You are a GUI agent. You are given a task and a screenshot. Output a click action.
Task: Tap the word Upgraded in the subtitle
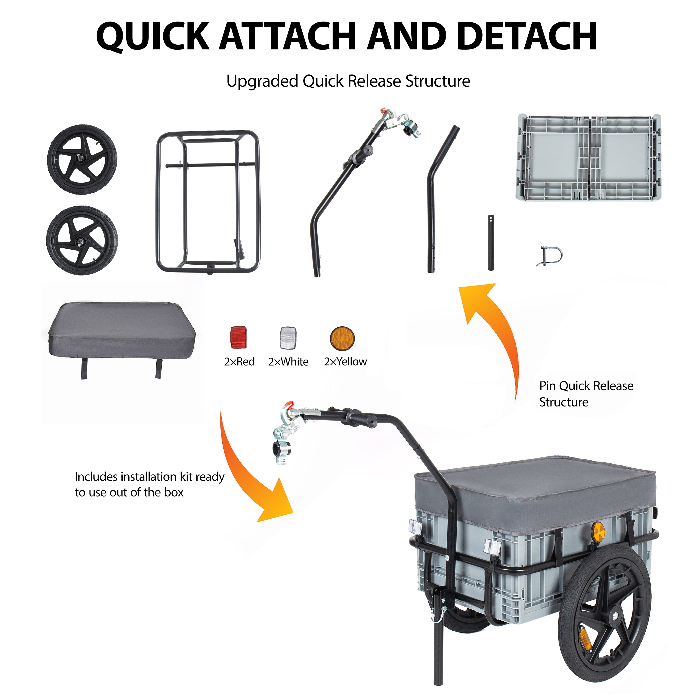pos(263,81)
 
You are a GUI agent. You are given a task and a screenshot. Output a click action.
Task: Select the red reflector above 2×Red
pos(239,337)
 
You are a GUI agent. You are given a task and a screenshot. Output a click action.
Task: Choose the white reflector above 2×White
pos(288,338)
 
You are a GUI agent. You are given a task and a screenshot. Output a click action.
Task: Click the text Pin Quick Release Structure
pos(586,394)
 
